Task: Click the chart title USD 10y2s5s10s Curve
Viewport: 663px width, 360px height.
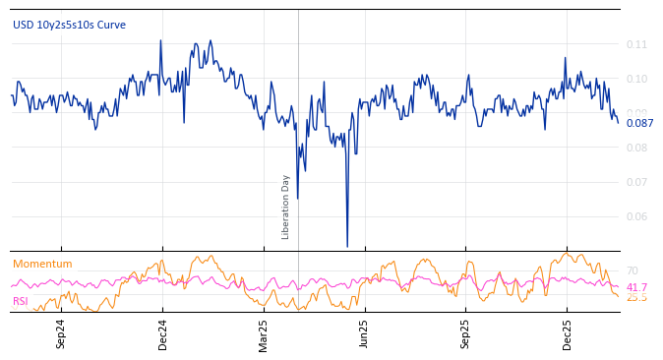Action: (x=69, y=25)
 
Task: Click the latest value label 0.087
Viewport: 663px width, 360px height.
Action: (x=639, y=123)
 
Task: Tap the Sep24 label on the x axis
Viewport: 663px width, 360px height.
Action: (x=61, y=333)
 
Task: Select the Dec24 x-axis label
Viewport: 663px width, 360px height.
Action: (x=163, y=333)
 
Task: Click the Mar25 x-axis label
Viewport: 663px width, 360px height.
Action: (x=263, y=333)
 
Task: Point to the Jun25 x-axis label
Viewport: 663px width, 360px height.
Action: (x=364, y=333)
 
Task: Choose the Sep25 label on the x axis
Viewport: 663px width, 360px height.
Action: (x=465, y=333)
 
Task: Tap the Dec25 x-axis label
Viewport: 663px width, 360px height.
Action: (x=567, y=333)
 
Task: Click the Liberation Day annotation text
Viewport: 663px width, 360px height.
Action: (x=286, y=207)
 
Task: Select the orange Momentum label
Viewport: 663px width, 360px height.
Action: (x=42, y=264)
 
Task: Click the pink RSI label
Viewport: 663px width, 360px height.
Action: (x=21, y=301)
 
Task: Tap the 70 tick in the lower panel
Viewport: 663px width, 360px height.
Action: (x=632, y=270)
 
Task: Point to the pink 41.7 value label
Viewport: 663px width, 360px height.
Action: (x=636, y=287)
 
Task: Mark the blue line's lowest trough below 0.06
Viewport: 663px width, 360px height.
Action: (x=347, y=246)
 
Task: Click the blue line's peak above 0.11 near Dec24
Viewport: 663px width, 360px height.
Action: (x=160, y=40)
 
